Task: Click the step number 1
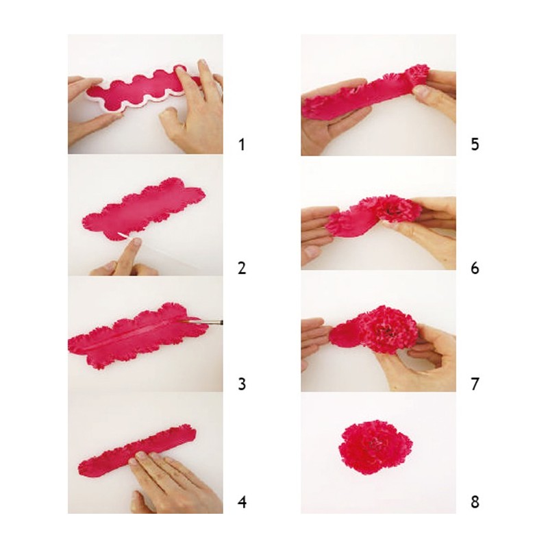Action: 242,145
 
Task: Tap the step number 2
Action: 242,268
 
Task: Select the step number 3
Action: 242,384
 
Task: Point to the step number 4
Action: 242,502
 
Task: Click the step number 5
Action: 475,144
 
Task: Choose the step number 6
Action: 475,268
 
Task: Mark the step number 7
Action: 475,384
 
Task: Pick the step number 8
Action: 475,502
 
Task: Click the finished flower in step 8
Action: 375,447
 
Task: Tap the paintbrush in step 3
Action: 203,321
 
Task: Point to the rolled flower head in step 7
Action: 388,329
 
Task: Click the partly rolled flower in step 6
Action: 374,215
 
